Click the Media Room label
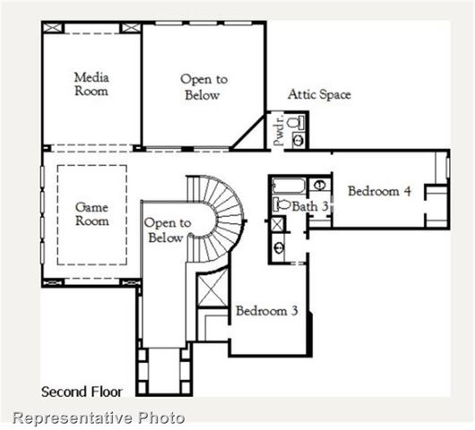(x=91, y=84)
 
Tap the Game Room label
(x=92, y=213)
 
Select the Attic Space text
(x=319, y=94)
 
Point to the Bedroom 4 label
(x=379, y=191)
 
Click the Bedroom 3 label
(x=266, y=311)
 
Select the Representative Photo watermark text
(x=99, y=417)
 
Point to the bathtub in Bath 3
(x=289, y=186)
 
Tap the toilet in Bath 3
(x=281, y=205)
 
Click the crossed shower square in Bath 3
(x=279, y=224)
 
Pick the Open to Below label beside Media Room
(x=204, y=86)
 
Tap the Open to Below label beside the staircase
(x=167, y=230)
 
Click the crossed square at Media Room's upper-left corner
(x=53, y=28)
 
